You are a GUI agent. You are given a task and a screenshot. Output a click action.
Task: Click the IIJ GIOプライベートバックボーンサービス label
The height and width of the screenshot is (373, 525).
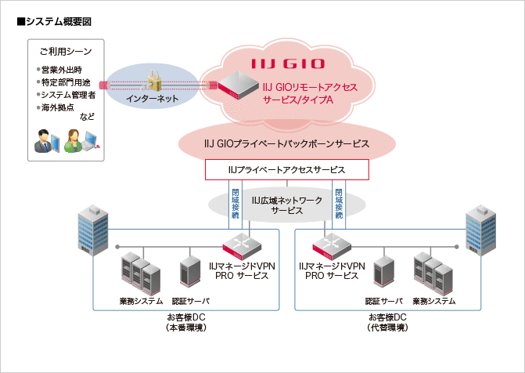point(286,145)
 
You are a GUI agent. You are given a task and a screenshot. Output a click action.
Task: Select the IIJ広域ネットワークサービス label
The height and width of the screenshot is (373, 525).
point(286,205)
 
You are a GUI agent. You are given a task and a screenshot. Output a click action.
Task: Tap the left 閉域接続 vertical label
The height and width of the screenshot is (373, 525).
point(236,203)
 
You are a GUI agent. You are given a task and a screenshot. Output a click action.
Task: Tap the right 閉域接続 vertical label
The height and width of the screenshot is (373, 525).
point(338,203)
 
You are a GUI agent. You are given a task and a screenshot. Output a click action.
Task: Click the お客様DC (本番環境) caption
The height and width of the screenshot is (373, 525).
point(186,322)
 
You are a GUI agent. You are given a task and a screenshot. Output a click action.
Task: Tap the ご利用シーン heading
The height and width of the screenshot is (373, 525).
point(66,52)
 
